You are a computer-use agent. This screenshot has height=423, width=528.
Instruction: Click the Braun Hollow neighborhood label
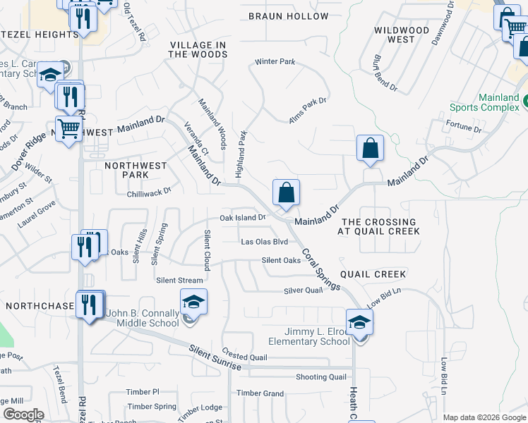click(x=288, y=16)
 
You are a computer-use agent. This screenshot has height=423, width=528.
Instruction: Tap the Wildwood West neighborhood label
click(x=401, y=35)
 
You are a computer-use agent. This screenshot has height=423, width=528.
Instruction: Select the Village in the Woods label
click(x=198, y=49)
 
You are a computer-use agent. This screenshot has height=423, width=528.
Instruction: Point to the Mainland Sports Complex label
click(x=488, y=103)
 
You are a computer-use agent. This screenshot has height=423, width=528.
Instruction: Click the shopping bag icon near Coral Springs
click(x=287, y=192)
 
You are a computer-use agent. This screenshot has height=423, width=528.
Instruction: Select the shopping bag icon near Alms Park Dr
click(x=370, y=148)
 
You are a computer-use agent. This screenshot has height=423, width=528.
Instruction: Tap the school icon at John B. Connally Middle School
click(x=193, y=302)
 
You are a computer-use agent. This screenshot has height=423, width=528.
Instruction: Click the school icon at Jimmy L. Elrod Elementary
click(x=359, y=323)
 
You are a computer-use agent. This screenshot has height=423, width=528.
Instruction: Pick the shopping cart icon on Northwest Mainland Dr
click(x=68, y=130)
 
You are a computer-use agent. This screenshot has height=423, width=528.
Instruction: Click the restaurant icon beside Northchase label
click(x=89, y=305)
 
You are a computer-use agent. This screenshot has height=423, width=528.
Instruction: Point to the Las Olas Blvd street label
click(x=265, y=241)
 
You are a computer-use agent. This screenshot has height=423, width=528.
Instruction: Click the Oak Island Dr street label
click(x=242, y=218)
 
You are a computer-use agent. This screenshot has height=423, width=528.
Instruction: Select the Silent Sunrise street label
click(x=215, y=358)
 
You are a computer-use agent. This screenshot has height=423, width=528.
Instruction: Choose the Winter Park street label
click(x=275, y=62)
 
